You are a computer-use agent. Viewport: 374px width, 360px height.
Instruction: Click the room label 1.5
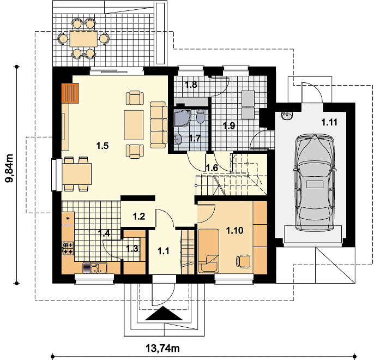click(x=102, y=146)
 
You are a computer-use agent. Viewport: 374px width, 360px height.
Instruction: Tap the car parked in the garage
click(x=315, y=183)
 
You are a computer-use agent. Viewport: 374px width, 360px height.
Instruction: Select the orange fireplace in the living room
click(x=70, y=93)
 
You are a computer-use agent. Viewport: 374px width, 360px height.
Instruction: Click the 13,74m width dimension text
click(x=162, y=349)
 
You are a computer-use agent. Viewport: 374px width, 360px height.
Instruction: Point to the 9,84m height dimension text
click(x=10, y=168)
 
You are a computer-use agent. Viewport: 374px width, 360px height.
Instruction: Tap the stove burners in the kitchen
click(x=68, y=248)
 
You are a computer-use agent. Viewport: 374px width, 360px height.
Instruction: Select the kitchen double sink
click(x=95, y=268)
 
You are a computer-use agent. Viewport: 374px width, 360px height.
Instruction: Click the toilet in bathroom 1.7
click(x=201, y=116)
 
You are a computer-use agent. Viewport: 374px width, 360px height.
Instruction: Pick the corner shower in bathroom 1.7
click(x=182, y=118)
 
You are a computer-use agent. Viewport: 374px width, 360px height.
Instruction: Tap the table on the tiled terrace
click(x=83, y=38)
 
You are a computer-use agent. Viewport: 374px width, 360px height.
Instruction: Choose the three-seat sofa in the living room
click(x=159, y=125)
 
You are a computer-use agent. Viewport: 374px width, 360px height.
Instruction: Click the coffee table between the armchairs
click(x=134, y=125)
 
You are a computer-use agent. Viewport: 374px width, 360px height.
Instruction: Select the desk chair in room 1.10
click(x=243, y=261)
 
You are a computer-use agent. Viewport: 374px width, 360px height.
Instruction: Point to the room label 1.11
click(x=329, y=122)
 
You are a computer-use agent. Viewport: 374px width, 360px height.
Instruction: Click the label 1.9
click(x=229, y=125)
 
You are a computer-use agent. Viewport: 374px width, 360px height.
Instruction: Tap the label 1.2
click(x=139, y=217)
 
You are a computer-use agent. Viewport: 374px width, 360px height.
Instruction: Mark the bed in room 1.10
click(x=208, y=250)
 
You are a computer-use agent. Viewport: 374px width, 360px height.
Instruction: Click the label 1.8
click(x=191, y=84)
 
